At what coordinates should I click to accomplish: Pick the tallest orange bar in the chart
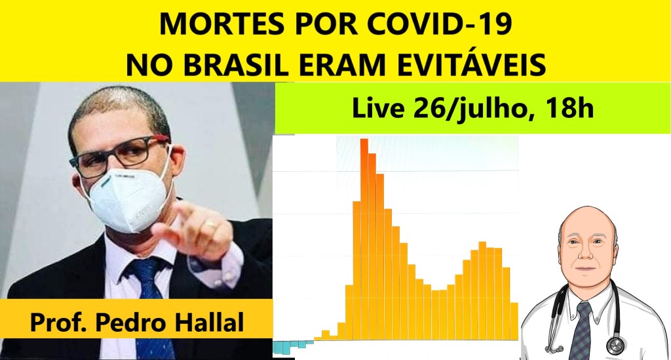364,239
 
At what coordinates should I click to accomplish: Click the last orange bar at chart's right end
514,321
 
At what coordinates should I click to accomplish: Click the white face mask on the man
128,199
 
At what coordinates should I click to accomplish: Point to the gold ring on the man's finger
211,224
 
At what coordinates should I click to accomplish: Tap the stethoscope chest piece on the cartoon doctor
615,346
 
